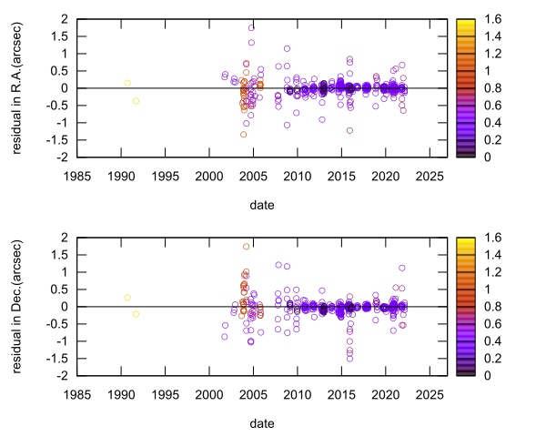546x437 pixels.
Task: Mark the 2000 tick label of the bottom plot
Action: click(x=209, y=394)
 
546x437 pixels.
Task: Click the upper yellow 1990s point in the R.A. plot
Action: click(x=127, y=83)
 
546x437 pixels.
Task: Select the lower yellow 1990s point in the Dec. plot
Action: click(x=136, y=314)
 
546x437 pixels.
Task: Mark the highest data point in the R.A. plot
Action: click(x=251, y=27)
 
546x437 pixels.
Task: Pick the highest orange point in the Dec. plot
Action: click(x=246, y=246)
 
